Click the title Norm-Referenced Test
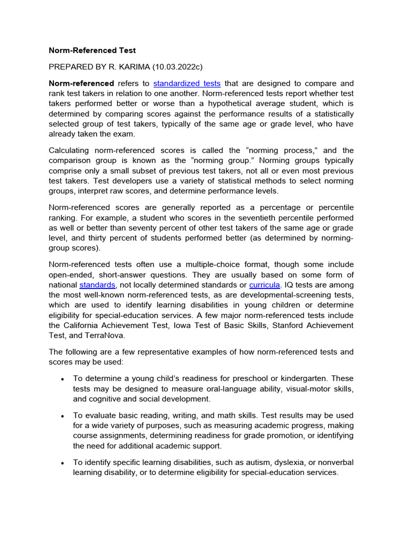coord(92,50)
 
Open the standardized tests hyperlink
coord(187,84)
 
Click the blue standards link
coord(97,285)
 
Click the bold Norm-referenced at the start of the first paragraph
coord(81,84)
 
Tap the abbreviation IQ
coord(288,285)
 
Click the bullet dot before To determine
coord(62,379)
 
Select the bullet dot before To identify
coord(62,463)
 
